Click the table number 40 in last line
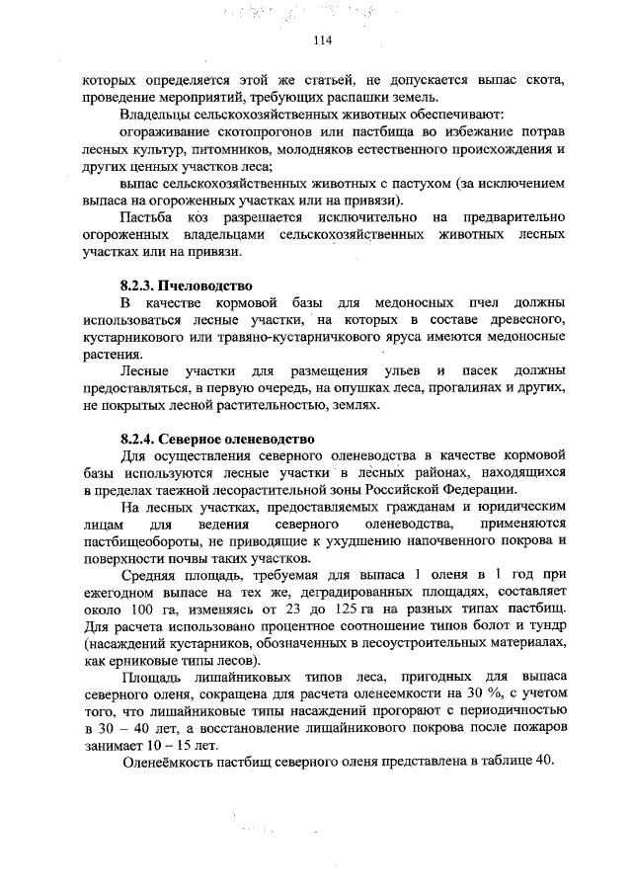point(546,765)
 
